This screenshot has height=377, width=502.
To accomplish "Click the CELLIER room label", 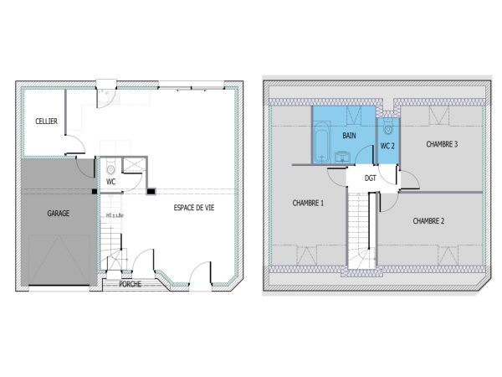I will pos(46,121).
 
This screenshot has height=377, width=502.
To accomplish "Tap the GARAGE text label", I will pos(58,214).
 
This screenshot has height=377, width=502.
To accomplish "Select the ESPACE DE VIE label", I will pos(193,208).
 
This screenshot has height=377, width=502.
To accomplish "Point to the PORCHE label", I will pos(131,284).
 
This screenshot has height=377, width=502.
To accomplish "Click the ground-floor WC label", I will pos(110,181).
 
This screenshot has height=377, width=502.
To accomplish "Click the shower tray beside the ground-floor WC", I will pos(132,166).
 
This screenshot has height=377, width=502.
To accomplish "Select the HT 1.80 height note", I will pos(115,215).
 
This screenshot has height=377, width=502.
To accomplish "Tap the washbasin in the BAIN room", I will pos(342,157).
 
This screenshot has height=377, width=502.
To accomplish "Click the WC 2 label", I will pos(387,146).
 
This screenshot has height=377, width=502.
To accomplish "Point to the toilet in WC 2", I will pos(387,129).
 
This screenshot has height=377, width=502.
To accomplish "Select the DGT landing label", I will pos(370,178).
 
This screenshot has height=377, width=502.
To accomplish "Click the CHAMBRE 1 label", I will pos(308,203).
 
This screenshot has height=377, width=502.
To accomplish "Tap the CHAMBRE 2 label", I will pos(428,221).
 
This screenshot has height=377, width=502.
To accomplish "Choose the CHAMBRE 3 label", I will pos(441,144).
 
